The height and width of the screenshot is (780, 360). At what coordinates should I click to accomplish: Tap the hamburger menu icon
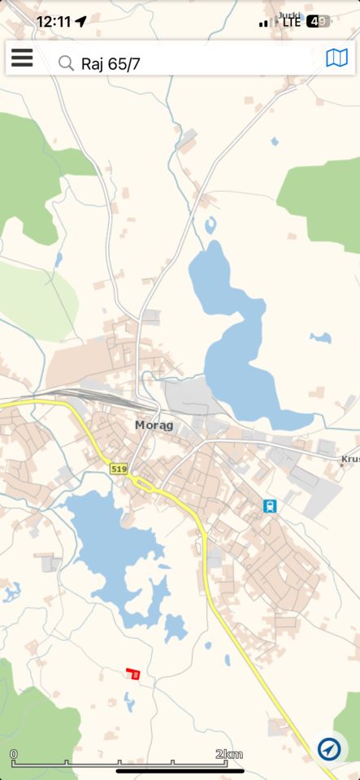click(x=22, y=58)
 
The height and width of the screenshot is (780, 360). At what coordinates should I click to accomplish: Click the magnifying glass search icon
click(x=66, y=63)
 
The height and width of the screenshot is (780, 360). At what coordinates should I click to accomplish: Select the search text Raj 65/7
click(x=111, y=63)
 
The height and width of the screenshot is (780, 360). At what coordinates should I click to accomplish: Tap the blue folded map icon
click(x=336, y=58)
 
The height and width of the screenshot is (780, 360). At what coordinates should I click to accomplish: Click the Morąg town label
click(x=154, y=425)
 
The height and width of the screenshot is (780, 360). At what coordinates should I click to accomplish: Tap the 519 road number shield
click(x=119, y=469)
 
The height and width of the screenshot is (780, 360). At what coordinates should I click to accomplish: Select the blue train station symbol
click(x=270, y=506)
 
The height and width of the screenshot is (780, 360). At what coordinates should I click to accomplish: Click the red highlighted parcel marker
click(x=134, y=674)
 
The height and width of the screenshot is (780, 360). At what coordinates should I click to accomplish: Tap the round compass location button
click(x=329, y=748)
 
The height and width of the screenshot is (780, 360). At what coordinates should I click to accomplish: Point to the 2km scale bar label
click(x=229, y=754)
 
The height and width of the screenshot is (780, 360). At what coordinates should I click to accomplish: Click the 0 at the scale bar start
click(x=14, y=754)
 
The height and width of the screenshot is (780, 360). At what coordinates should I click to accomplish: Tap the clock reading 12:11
click(x=54, y=22)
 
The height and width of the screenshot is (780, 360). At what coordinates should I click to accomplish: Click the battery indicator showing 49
click(x=319, y=22)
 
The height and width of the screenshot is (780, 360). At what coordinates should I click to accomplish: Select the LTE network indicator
click(x=291, y=22)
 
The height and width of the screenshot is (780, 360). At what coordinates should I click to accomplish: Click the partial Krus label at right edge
click(x=350, y=459)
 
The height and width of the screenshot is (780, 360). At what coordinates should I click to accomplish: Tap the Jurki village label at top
click(x=288, y=15)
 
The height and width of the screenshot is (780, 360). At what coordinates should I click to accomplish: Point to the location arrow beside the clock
click(x=80, y=22)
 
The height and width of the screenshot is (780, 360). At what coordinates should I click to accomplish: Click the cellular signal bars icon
click(x=264, y=23)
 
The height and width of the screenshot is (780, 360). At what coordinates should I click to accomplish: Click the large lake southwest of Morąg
click(x=114, y=544)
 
